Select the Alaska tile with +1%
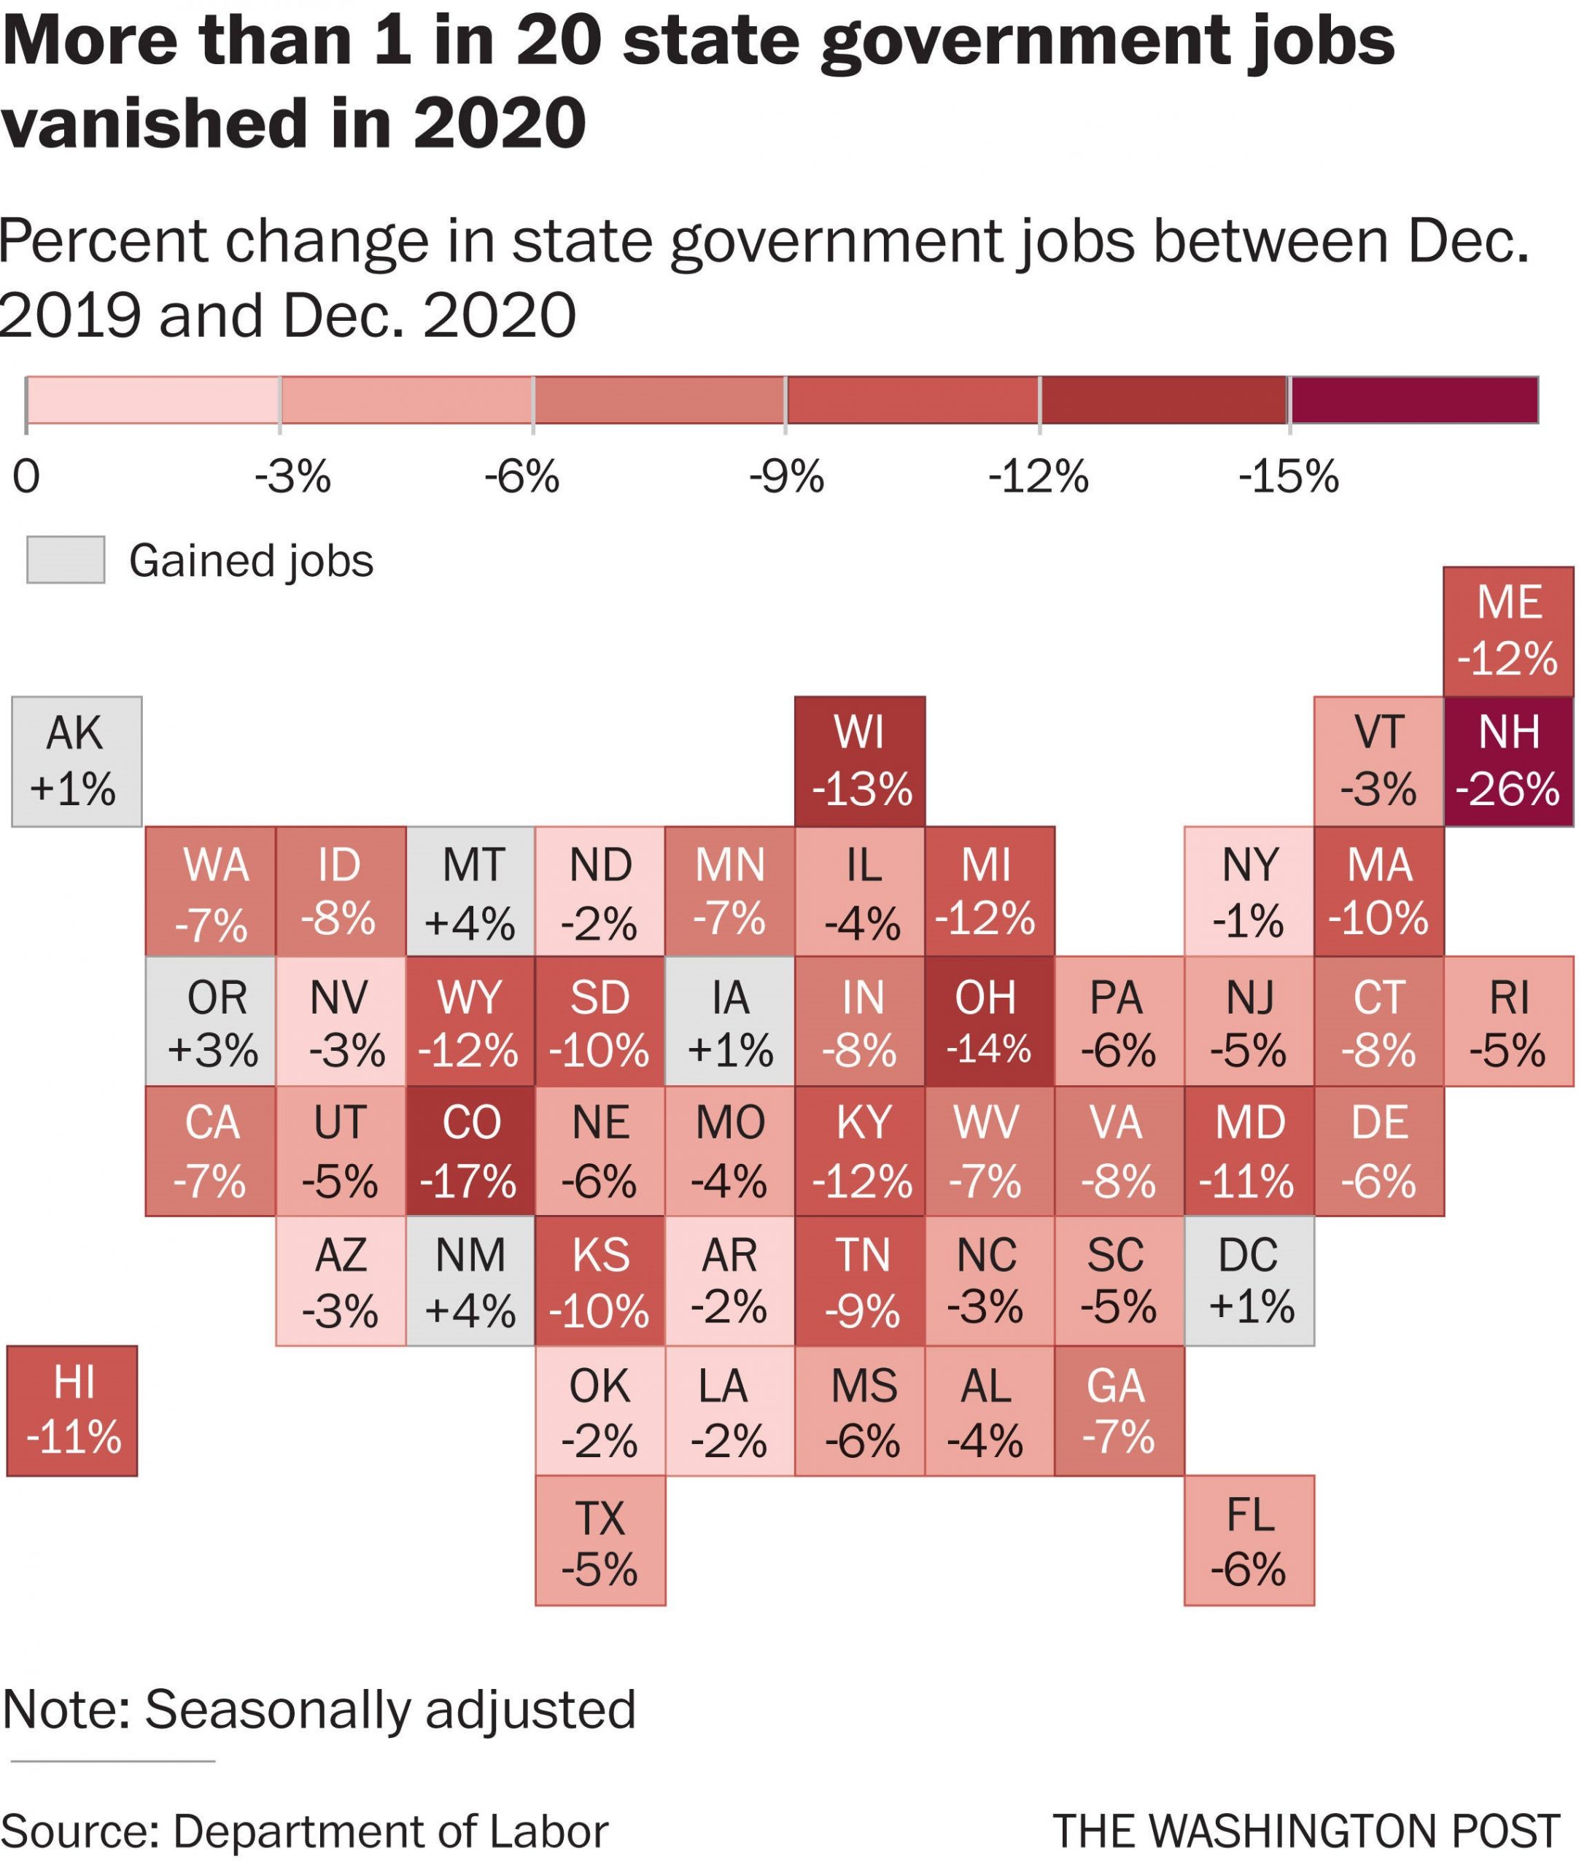click(x=77, y=761)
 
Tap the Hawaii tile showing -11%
click(x=72, y=1410)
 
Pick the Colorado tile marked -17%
click(x=470, y=1151)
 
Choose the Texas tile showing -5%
click(x=600, y=1540)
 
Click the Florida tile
click(x=1249, y=1540)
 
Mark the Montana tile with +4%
click(x=470, y=890)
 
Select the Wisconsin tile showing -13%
click(x=860, y=761)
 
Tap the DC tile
click(x=1249, y=1281)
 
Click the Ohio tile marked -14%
click(x=989, y=1021)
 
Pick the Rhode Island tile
click(x=1509, y=1021)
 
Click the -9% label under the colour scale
click(x=786, y=477)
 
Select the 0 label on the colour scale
click(x=26, y=477)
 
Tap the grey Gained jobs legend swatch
click(x=66, y=559)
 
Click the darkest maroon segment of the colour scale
click(x=1414, y=400)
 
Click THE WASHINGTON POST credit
click(x=1305, y=1831)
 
